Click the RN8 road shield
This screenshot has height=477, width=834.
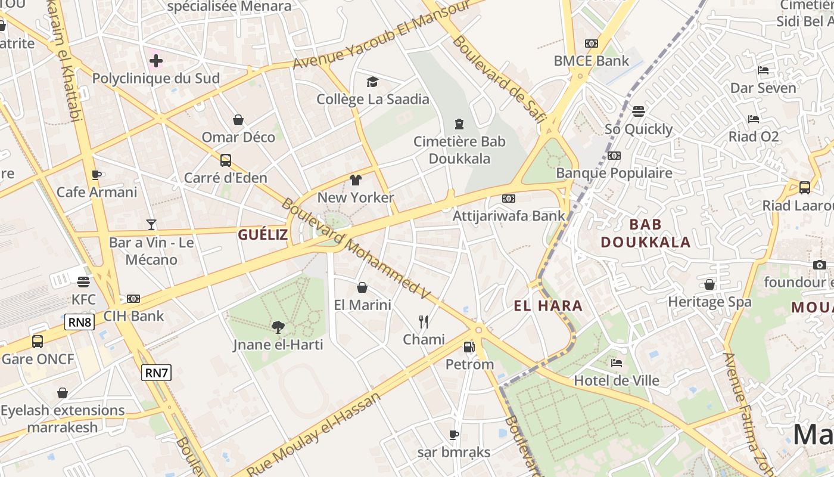click(80, 323)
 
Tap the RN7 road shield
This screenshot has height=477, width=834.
click(157, 373)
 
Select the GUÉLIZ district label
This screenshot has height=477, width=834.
click(263, 234)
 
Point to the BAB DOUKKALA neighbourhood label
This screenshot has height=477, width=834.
click(646, 233)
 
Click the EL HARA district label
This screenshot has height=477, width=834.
click(548, 306)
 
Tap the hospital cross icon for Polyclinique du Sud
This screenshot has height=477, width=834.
click(155, 60)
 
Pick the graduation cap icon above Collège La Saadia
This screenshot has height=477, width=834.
click(372, 82)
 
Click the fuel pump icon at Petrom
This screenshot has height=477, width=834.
click(469, 346)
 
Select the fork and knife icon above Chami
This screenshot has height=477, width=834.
click(424, 322)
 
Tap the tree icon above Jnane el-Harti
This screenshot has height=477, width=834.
click(278, 327)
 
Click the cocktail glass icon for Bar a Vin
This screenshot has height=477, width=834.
click(151, 225)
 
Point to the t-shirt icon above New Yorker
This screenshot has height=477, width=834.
click(356, 180)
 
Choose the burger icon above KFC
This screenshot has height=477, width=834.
click(83, 281)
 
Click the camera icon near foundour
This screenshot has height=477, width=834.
click(820, 265)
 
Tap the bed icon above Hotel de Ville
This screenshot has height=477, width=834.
click(617, 363)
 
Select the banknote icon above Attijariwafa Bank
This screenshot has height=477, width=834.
click(508, 198)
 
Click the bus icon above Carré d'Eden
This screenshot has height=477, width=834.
click(225, 160)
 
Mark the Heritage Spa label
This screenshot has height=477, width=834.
click(709, 302)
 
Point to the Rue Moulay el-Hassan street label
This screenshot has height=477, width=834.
click(314, 436)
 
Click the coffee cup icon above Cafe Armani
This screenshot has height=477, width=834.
click(97, 175)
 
